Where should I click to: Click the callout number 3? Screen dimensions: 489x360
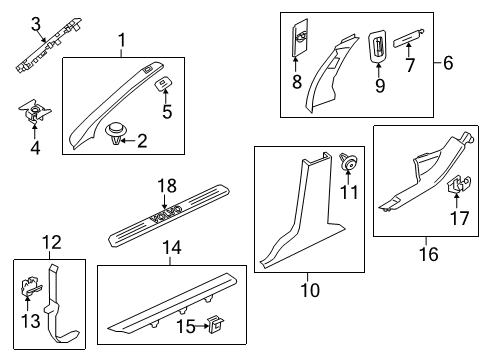pos(36,24)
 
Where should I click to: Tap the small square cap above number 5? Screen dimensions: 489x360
pos(164,83)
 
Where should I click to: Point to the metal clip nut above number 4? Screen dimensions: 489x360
pos(35,111)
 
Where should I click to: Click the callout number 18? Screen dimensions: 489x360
pos(167,186)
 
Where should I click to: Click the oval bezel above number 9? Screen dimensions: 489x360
pos(378,46)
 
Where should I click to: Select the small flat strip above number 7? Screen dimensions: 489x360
pos(408,38)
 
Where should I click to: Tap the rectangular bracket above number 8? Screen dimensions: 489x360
pos(300,37)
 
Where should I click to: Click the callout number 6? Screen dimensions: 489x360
pos(448,63)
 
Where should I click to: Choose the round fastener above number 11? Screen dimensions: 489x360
pos(348,161)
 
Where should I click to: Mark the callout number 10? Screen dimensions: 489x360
pos(310,290)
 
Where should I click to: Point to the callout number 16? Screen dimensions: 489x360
pos(429,254)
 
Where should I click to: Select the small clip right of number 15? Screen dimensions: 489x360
pos(215,324)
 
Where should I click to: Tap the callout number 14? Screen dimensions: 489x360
pos(172,248)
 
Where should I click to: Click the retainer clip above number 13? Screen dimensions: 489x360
pos(31,287)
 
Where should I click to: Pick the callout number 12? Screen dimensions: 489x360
pos(52,242)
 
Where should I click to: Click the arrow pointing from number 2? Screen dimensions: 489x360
pos(128,141)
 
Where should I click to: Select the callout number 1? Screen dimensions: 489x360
pos(122,40)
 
